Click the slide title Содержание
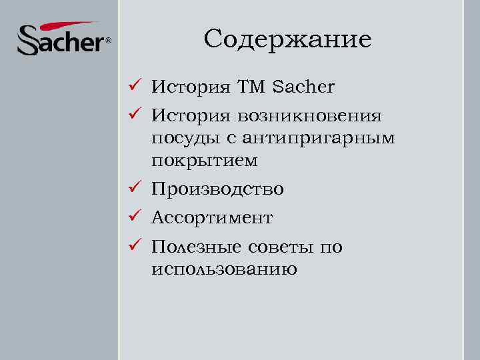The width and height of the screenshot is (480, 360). coord(287,39)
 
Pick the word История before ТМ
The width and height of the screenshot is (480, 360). coord(191,87)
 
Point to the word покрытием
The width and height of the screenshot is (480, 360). coord(204,161)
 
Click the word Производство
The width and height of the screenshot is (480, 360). coord(217,190)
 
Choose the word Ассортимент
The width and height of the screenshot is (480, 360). coord(212,218)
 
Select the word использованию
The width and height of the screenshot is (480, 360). coord(224,269)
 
